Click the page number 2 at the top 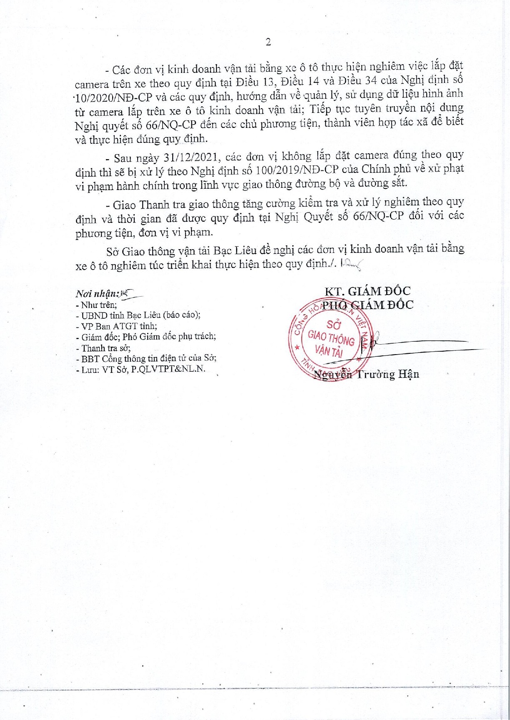(x=268, y=42)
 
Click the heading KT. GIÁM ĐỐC (x=367, y=291)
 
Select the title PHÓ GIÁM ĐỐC (x=368, y=305)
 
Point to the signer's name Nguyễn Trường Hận (x=366, y=374)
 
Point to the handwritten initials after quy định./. (x=352, y=264)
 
